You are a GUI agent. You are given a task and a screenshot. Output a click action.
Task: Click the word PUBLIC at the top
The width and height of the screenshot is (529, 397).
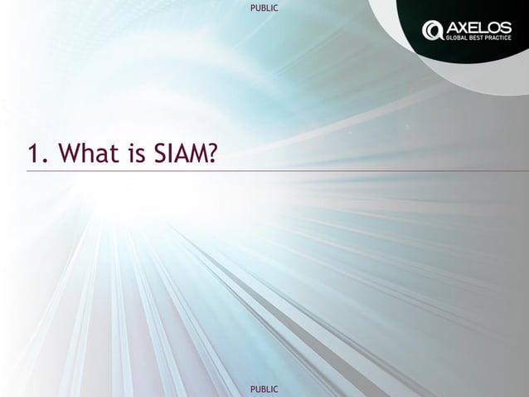coord(264,7)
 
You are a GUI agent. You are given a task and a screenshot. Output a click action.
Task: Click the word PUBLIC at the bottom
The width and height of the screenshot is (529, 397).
coord(264,389)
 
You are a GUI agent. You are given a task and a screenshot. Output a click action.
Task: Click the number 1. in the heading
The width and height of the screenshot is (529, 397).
coord(36,154)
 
